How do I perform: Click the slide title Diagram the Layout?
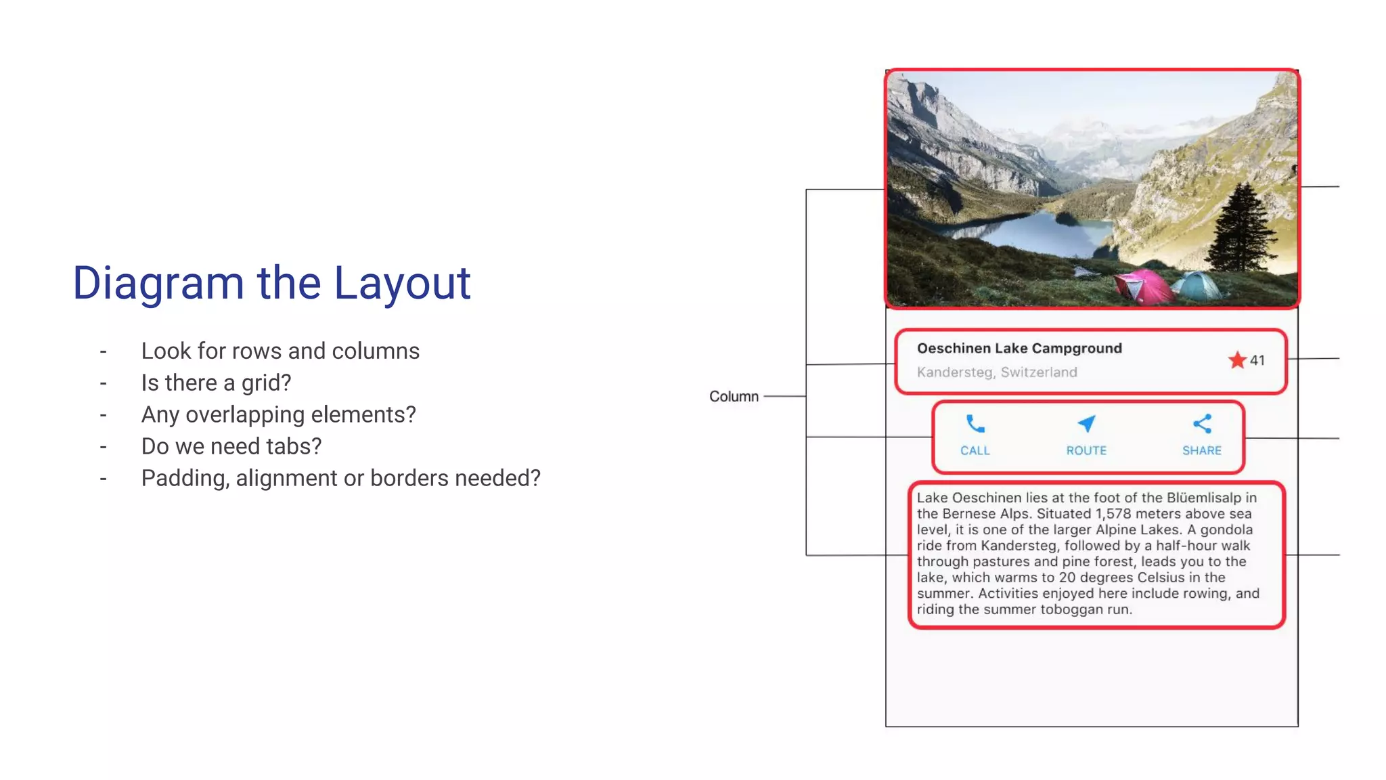tap(271, 283)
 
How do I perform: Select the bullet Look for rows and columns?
tap(280, 351)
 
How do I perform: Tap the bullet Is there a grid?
tap(216, 383)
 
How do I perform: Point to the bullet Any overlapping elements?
tap(278, 414)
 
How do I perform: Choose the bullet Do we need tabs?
tap(231, 446)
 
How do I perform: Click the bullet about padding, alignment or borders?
tap(340, 478)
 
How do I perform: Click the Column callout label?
tap(734, 396)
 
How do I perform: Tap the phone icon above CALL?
tap(975, 425)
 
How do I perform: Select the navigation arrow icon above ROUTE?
tap(1086, 424)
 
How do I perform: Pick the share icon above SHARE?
tap(1202, 424)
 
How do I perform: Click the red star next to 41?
tap(1237, 360)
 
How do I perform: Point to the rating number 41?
tap(1257, 360)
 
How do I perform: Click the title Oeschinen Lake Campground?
tap(1019, 348)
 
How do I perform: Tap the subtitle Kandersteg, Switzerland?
tap(997, 372)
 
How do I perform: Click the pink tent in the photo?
tap(1144, 286)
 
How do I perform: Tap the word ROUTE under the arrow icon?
tap(1086, 450)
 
